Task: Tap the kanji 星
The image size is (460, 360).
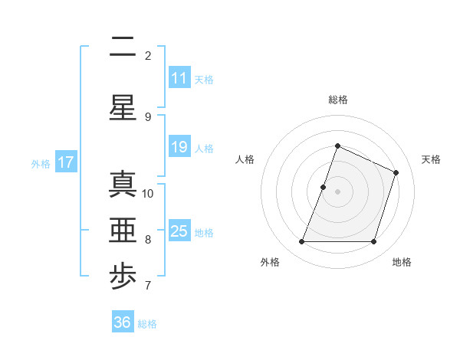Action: coord(123,106)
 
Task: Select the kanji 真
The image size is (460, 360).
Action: coord(123,185)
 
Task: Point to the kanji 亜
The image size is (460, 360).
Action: coord(123,231)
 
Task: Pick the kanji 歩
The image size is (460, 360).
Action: coord(123,278)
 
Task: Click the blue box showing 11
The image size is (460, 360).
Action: coord(179,78)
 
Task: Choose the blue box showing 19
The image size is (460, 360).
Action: coord(179,147)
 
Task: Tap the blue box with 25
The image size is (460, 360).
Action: coord(179,231)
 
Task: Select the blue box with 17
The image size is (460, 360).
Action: coord(66,162)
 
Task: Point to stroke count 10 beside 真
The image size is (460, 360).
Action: coord(148,193)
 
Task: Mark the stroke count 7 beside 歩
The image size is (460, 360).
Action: coord(148,286)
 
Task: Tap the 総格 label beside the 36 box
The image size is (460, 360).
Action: coord(148,324)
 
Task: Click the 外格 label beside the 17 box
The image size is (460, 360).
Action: coord(41,163)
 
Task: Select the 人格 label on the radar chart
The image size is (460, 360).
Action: coord(245,159)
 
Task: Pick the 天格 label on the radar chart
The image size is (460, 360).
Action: coord(431,159)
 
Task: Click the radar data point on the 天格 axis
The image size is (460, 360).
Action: coord(396,172)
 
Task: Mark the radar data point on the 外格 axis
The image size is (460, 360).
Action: coord(301,242)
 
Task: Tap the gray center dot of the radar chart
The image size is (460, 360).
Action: coord(337,191)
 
